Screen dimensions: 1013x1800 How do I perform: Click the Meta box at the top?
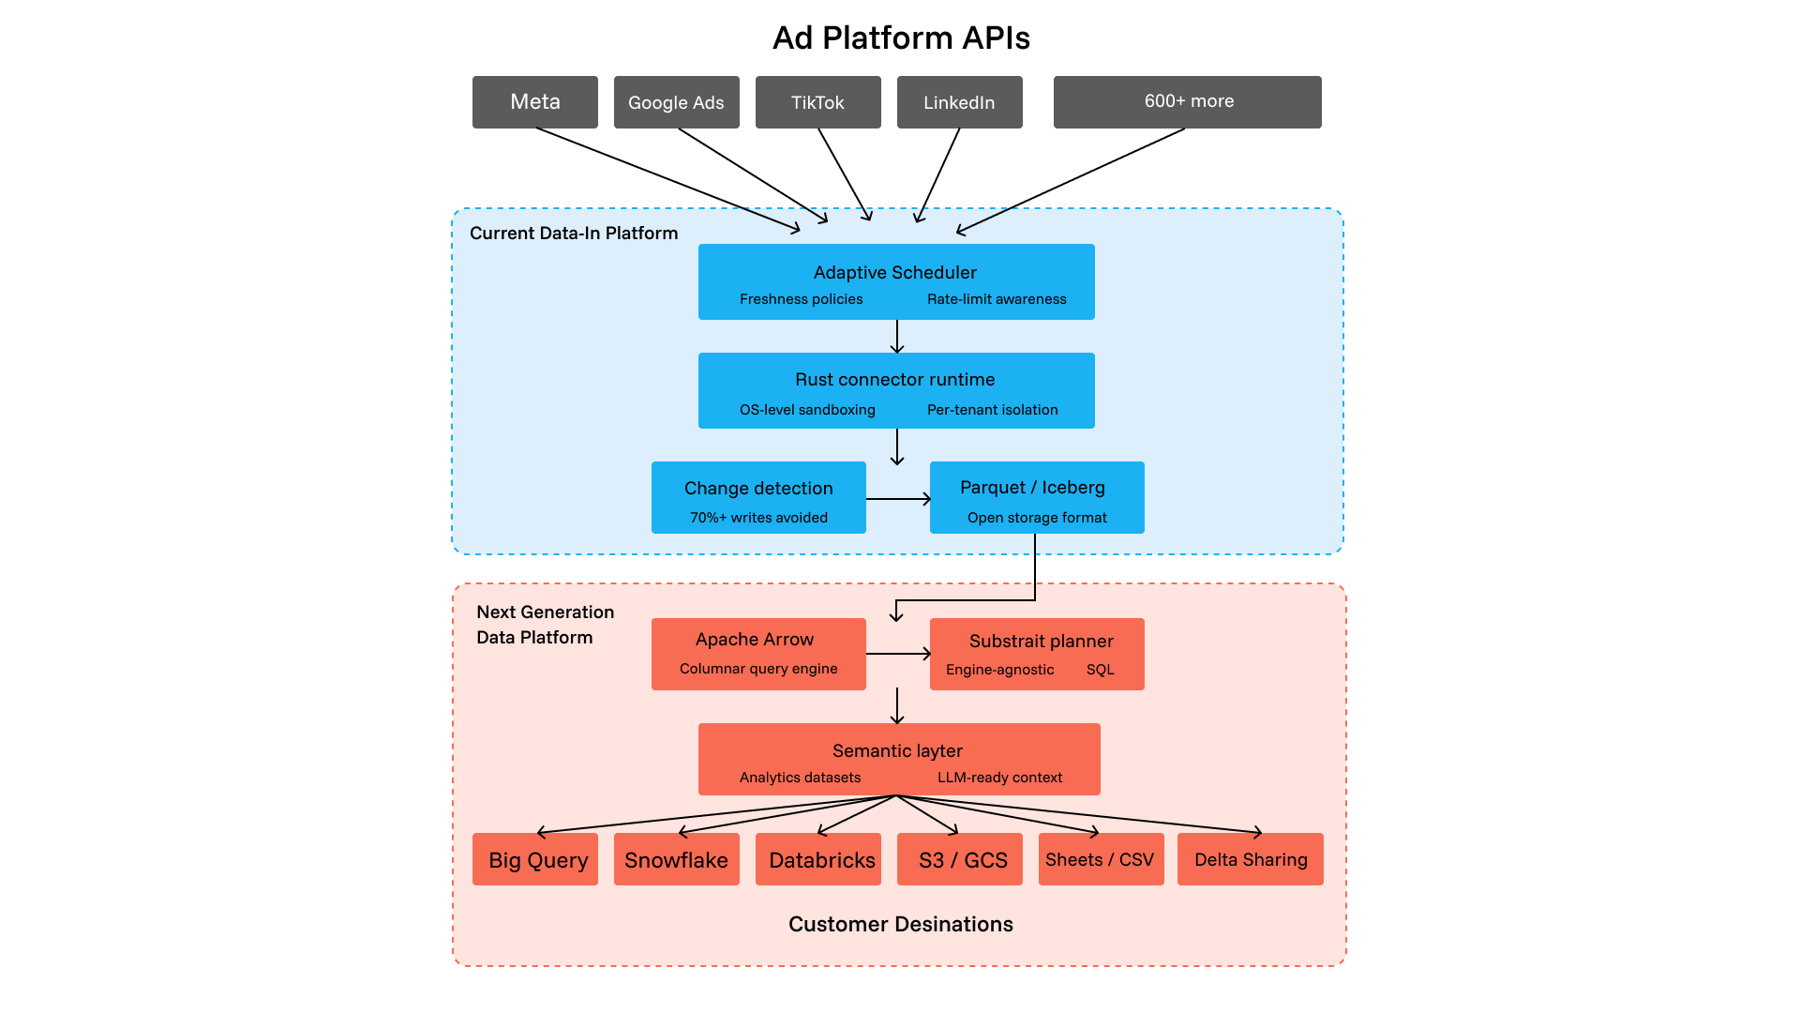534,102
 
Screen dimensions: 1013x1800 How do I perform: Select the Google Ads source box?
676,102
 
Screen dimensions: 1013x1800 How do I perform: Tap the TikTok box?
817,102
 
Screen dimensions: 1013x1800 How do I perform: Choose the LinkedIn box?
959,102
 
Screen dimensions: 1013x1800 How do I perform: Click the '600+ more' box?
1187,102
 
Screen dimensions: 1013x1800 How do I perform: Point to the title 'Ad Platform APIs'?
901,38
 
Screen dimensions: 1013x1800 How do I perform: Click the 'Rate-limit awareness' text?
997,299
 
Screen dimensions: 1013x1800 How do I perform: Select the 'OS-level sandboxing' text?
807,410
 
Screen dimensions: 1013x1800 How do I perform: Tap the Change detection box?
758,497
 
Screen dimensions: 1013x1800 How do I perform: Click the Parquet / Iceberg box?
1037,497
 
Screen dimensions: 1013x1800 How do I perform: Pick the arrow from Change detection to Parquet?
897,499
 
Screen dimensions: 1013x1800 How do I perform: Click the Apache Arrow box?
758,654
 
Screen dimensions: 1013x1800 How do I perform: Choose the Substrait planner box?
1037,654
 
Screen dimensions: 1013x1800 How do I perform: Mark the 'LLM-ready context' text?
999,778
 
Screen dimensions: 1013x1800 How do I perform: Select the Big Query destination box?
535,859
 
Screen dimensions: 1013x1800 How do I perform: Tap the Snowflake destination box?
676,859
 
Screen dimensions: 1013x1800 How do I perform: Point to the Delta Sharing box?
1251,859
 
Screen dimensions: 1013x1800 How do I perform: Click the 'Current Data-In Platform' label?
574,234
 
